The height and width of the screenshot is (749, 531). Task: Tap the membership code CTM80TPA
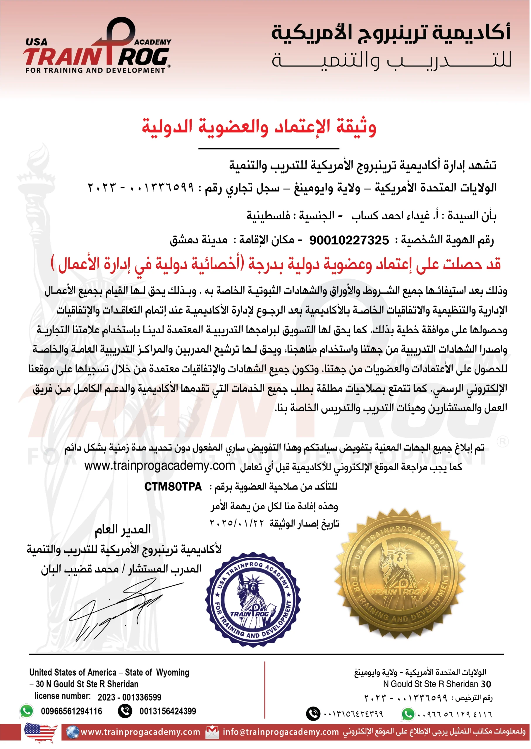point(173,487)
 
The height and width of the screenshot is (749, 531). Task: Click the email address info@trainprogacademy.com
point(281,732)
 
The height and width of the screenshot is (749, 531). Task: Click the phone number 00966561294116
point(71,711)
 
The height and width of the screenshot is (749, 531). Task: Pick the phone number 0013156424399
point(168,711)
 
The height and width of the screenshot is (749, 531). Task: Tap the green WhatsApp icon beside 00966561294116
point(27,711)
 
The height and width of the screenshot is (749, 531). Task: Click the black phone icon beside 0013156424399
point(125,711)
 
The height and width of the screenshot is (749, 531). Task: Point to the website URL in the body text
point(159,465)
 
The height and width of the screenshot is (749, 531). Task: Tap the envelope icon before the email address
point(212,732)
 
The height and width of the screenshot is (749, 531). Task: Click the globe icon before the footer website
point(72,732)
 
